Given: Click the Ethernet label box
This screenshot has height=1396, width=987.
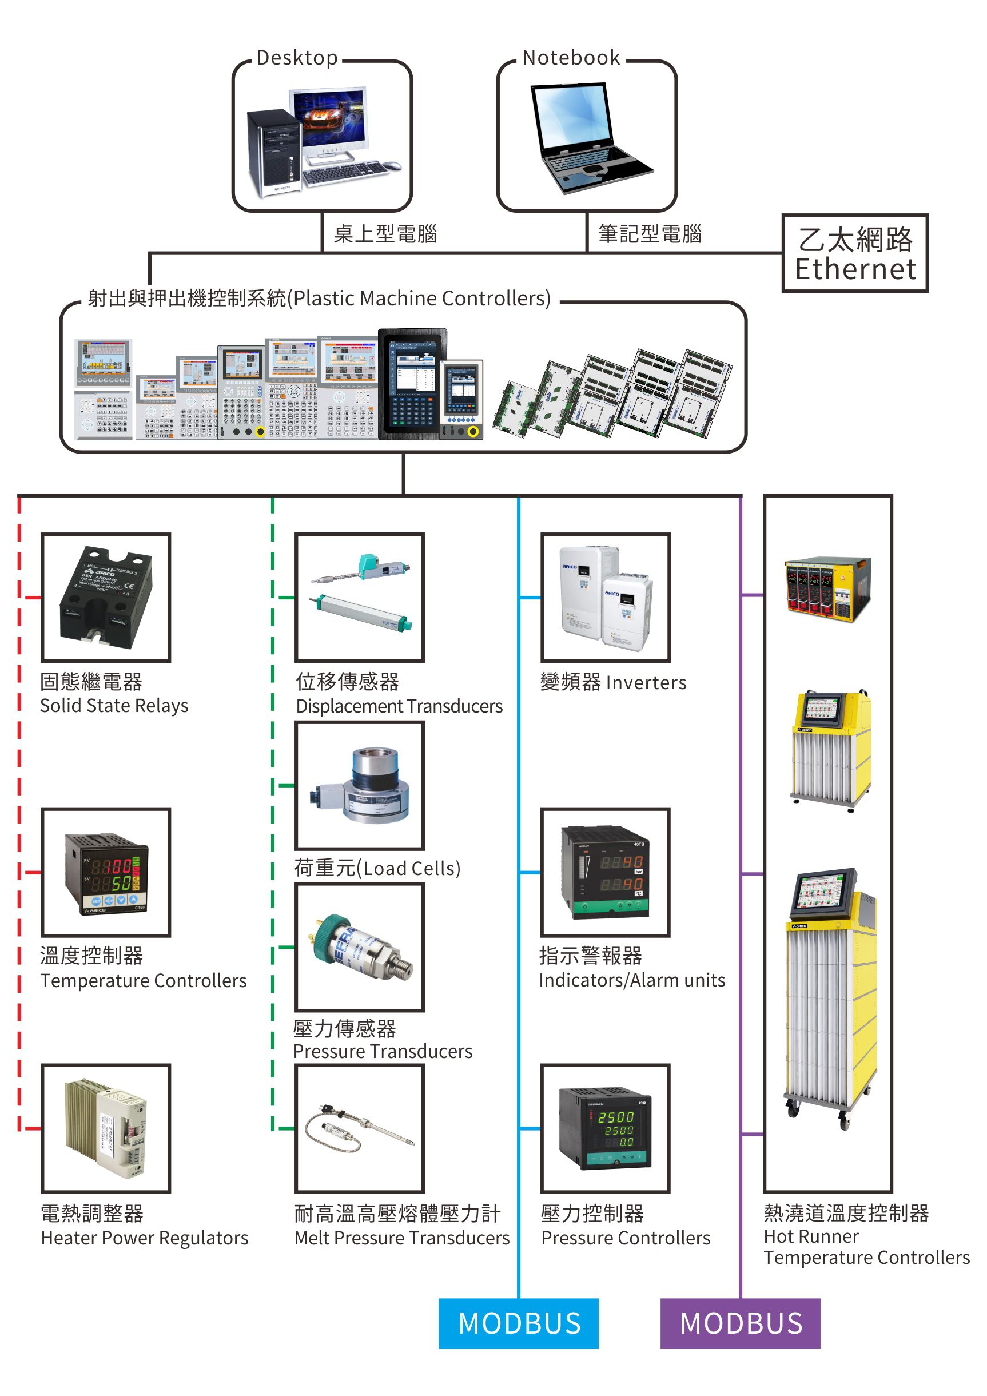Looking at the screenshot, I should [x=854, y=253].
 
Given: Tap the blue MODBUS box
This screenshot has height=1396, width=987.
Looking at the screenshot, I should [x=518, y=1323].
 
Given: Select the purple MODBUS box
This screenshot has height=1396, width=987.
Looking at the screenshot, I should [x=740, y=1323].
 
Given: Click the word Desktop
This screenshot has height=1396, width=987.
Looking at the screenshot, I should [x=297, y=58].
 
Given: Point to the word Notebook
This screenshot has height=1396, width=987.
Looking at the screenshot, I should [x=571, y=58].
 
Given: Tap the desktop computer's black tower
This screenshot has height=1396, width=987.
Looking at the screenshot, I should [x=274, y=152].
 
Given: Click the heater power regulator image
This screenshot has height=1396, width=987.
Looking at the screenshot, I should [x=106, y=1128].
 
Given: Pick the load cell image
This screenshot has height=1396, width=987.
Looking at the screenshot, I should [x=360, y=785].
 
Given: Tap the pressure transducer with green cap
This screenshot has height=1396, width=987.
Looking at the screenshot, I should [x=360, y=946].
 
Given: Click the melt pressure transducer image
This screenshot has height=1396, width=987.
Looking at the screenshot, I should [x=360, y=1128].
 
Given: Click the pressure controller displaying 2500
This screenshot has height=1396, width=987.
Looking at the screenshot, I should [x=606, y=1128].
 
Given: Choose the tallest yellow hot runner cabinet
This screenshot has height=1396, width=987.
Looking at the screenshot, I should [x=831, y=997].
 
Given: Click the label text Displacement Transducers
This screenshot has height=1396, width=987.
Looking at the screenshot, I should [x=399, y=706].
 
